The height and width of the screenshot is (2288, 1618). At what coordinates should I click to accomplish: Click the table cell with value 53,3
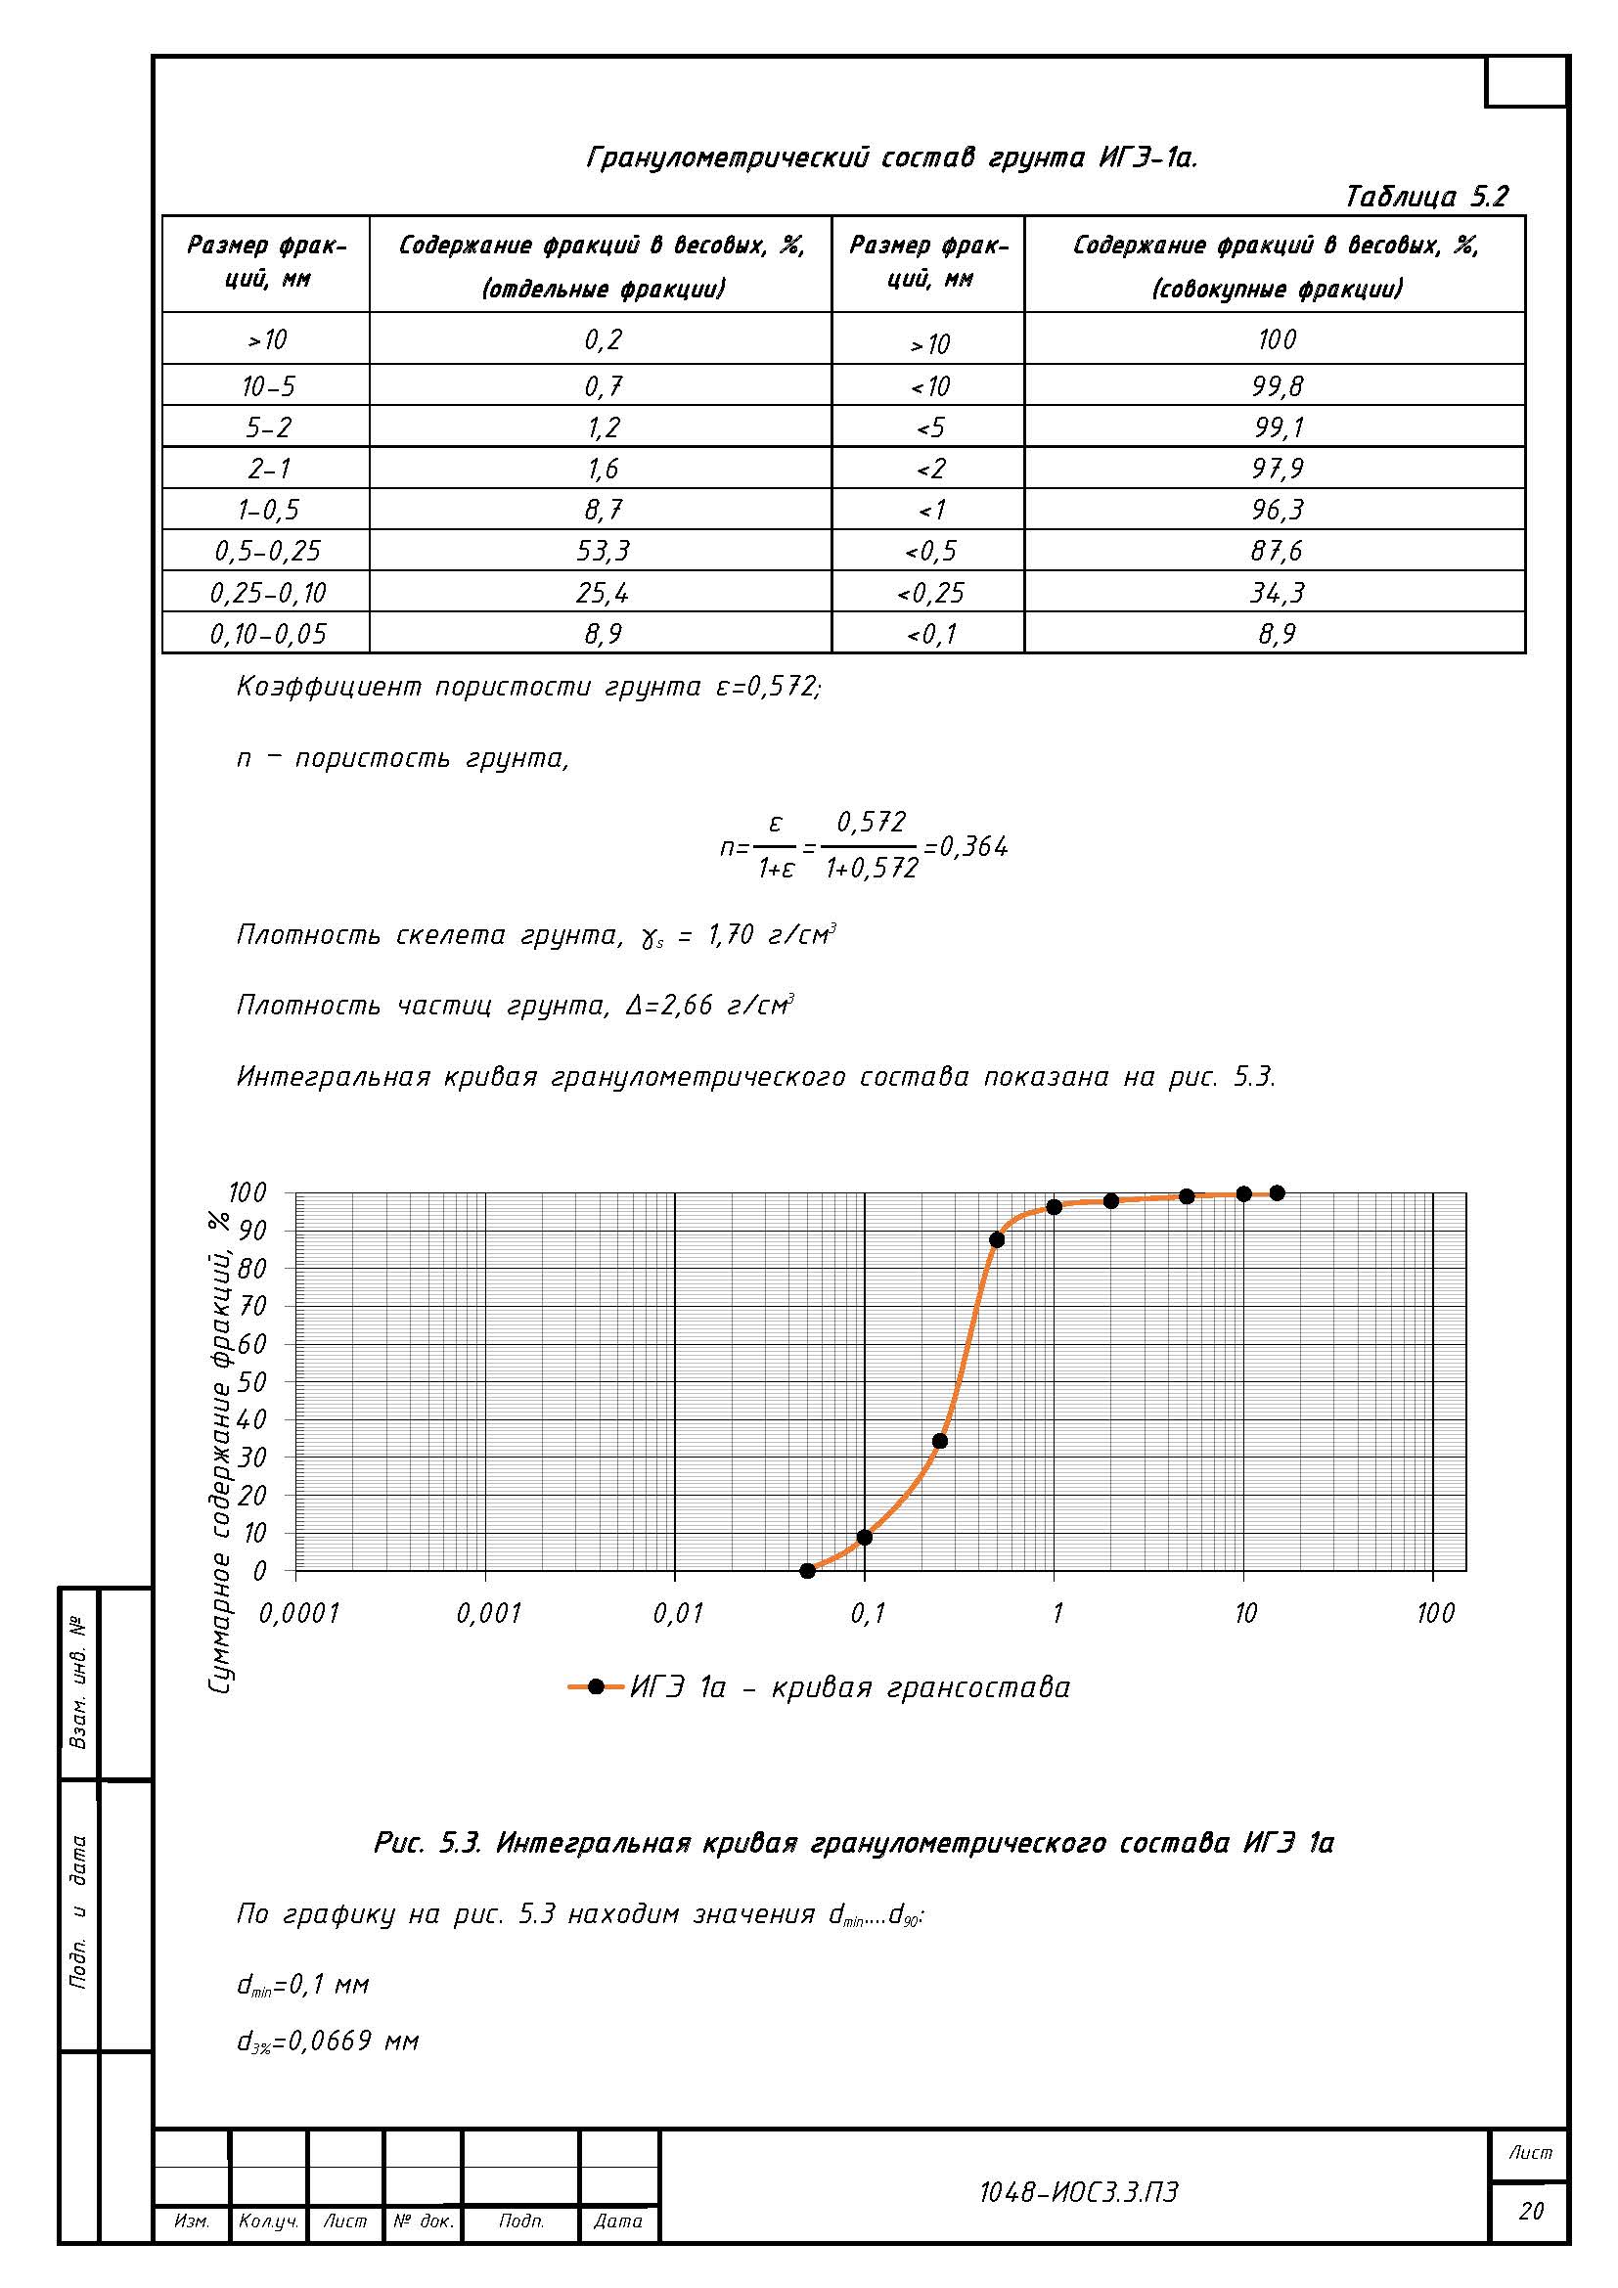(x=602, y=551)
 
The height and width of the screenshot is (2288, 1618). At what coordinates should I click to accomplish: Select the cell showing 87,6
(x=1277, y=551)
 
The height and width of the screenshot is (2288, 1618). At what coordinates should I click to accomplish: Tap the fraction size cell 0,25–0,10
(x=267, y=593)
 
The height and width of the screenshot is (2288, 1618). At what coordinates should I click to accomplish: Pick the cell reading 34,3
(x=1277, y=593)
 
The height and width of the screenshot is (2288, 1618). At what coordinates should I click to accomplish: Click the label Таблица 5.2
(x=1425, y=197)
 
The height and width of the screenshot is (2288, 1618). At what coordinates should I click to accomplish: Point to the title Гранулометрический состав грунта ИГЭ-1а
(x=892, y=157)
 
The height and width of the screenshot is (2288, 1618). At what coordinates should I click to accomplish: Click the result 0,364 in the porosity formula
(x=973, y=847)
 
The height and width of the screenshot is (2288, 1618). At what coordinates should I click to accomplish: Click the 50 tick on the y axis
(x=252, y=1382)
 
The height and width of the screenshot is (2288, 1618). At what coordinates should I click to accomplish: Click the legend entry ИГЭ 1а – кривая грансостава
(x=849, y=1687)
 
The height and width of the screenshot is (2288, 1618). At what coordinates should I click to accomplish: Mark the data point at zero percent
(x=807, y=1572)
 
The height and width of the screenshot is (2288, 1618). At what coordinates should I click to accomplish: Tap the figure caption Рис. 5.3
(x=854, y=1843)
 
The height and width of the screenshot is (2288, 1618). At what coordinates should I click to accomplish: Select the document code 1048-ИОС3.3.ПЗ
(x=1078, y=2192)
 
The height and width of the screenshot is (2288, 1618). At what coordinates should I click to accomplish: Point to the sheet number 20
(x=1530, y=2212)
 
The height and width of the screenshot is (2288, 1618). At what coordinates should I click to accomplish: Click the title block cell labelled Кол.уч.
(x=268, y=2221)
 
